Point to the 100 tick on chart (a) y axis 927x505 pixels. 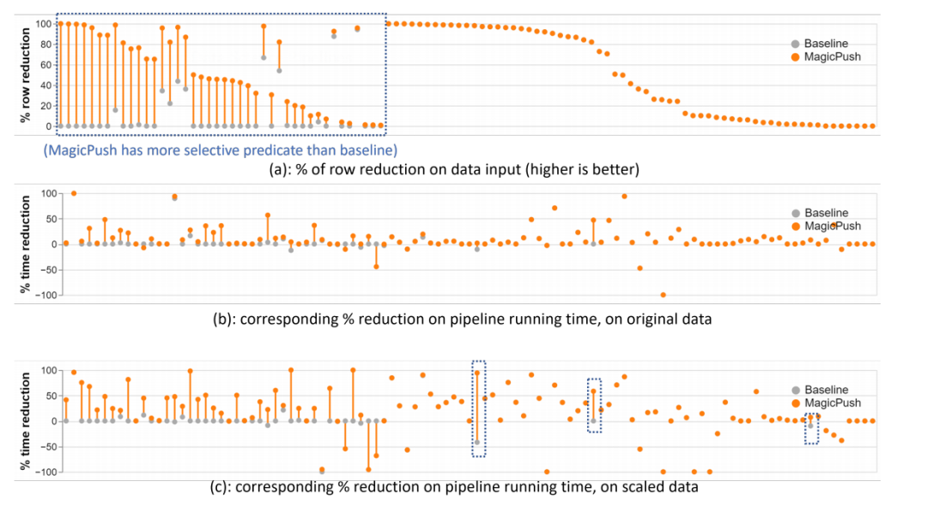click(x=43, y=23)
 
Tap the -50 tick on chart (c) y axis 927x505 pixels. click(x=44, y=447)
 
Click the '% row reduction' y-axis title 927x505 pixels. click(x=25, y=75)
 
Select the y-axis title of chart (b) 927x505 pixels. click(x=25, y=244)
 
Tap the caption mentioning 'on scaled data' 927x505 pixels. click(x=453, y=487)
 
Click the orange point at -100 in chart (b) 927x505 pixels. click(x=663, y=295)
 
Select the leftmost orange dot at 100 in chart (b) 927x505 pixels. click(x=74, y=193)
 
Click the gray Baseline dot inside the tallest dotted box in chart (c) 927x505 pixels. click(x=477, y=442)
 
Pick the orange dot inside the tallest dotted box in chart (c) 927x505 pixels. click(x=477, y=373)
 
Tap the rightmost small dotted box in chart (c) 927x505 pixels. click(x=812, y=428)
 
